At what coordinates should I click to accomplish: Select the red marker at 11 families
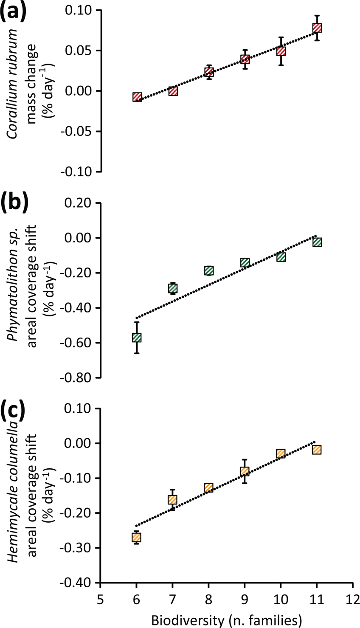pyautogui.click(x=317, y=28)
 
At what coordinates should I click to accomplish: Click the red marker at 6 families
pyautogui.click(x=137, y=97)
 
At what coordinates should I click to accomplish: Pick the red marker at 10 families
pyautogui.click(x=281, y=51)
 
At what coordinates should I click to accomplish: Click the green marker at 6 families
pyautogui.click(x=137, y=338)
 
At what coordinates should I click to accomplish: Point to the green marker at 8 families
pyautogui.click(x=209, y=270)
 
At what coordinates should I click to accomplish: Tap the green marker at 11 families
pyautogui.click(x=317, y=242)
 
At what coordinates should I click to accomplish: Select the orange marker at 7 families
pyautogui.click(x=173, y=500)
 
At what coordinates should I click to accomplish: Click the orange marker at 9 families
pyautogui.click(x=245, y=471)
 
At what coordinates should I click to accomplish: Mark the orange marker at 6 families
pyautogui.click(x=137, y=538)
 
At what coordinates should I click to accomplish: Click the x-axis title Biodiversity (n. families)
pyautogui.click(x=227, y=620)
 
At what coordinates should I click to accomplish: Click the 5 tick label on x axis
pyautogui.click(x=101, y=599)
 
